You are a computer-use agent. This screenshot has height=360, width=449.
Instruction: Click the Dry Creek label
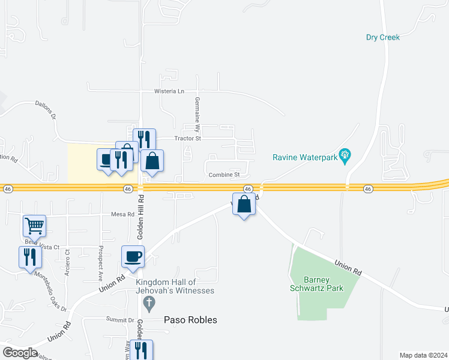382,37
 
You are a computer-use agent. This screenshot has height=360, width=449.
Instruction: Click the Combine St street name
224,175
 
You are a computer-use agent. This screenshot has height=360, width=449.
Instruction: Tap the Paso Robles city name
190,320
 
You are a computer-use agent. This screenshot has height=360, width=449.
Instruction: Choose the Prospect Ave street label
100,263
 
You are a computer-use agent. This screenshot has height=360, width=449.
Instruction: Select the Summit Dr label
121,320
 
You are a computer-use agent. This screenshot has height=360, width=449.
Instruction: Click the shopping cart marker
35,226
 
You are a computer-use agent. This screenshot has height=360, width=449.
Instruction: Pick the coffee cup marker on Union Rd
133,256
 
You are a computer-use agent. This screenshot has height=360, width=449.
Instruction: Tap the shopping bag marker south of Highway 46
244,204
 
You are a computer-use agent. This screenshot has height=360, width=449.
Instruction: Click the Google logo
20,353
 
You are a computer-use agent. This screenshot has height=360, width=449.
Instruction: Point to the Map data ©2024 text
422,355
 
